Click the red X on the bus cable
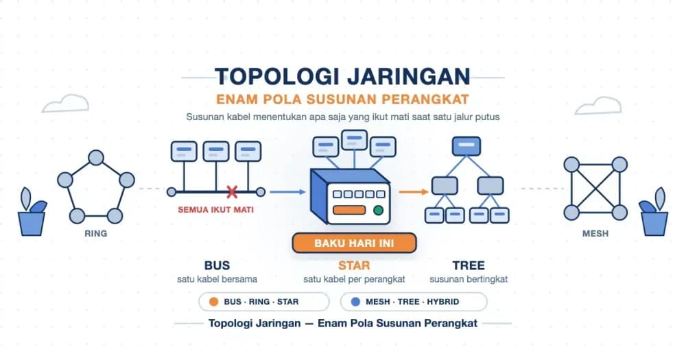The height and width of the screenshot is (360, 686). pos(232,191)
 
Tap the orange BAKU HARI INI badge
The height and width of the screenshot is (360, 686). pos(354,243)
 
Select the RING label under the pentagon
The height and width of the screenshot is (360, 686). pos(96,234)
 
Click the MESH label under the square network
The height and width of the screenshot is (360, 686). pos(595,234)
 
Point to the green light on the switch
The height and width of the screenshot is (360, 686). pos(379,211)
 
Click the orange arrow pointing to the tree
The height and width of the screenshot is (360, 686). pos(414,191)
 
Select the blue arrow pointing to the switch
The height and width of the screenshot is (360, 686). pos(287,191)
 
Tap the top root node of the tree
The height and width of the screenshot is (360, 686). pos(466,146)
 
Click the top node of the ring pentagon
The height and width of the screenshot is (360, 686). pos(96,158)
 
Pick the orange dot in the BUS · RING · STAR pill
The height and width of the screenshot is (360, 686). pos(214,302)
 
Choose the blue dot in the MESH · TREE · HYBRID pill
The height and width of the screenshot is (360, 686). pos(355,302)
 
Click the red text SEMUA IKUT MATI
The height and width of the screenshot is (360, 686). pos(215,210)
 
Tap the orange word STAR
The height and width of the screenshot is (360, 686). pos(354,265)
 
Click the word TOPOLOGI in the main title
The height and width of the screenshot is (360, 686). pos(277,77)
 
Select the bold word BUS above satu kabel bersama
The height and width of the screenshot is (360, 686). pos(217,265)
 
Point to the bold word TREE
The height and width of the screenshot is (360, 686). pos(469,265)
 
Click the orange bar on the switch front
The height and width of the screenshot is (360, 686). pos(349,210)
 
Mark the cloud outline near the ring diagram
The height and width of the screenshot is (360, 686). pos(66,104)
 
